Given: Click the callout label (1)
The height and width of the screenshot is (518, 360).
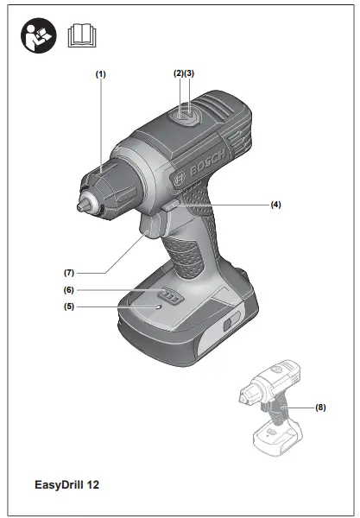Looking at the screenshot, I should click(100, 74).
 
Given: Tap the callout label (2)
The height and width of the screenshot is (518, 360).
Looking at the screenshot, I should click(178, 73).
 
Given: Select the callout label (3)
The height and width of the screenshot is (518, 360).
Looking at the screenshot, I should click(189, 73).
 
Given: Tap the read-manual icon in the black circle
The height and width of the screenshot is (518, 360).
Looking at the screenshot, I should click(38, 36).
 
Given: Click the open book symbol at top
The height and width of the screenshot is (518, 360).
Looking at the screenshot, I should click(83, 36).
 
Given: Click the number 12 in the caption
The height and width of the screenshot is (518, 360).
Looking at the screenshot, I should click(92, 485).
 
